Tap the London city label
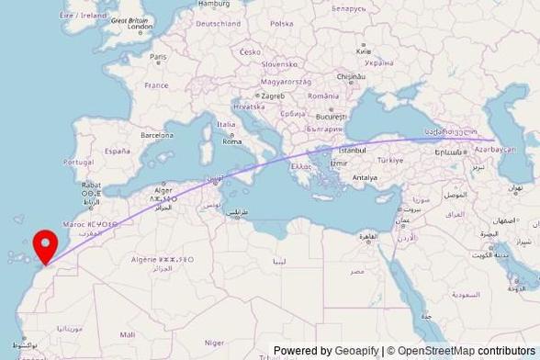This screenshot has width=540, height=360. coord(140,28)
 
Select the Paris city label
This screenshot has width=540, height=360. coord(159,57)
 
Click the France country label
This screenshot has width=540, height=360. coord(156,85)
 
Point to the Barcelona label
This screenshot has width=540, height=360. coord(156,135)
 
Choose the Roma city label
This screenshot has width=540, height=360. coord(231,141)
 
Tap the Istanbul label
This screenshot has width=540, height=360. coord(352,149)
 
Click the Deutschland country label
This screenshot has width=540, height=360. coord(219,24)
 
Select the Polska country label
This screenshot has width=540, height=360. coord(282,24)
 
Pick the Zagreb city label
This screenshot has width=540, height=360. coord(273,96)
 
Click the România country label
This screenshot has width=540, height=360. coord(323,96)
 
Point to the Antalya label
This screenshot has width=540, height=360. coord(365,177)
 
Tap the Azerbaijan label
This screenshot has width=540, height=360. coord(496,149)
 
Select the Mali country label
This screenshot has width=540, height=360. coord(127,334)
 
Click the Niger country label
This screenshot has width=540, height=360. coord(214,342)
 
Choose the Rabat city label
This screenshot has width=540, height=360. coord(91,185)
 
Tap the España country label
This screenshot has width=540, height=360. coord(117,151)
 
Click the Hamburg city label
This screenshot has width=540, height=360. coord(214,5)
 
